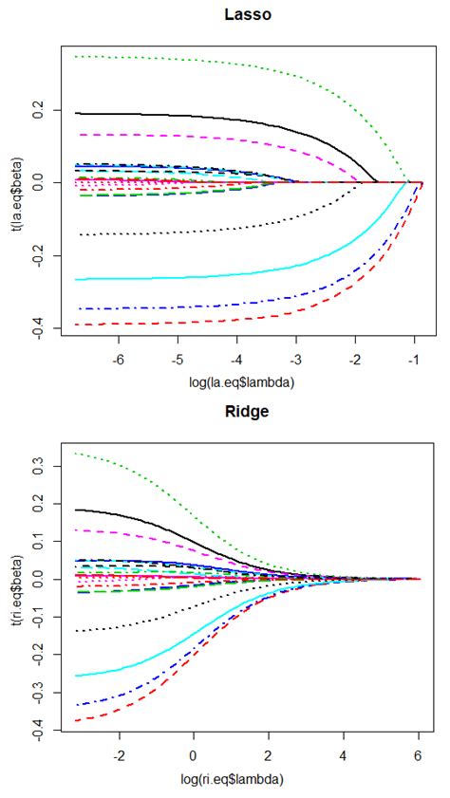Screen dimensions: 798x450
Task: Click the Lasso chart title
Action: click(243, 14)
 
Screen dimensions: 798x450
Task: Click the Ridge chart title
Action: click(243, 414)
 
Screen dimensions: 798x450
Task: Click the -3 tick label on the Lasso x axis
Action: click(295, 362)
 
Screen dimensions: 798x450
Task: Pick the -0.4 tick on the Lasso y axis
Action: click(39, 328)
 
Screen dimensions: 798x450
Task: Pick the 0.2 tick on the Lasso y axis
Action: click(39, 110)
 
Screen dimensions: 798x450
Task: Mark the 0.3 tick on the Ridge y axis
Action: click(39, 467)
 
